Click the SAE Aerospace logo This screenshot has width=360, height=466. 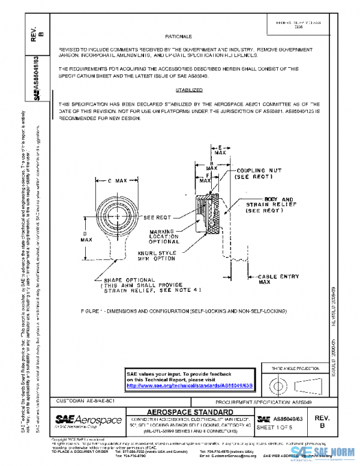click(88, 420)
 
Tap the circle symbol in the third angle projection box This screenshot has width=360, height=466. click(277, 382)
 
